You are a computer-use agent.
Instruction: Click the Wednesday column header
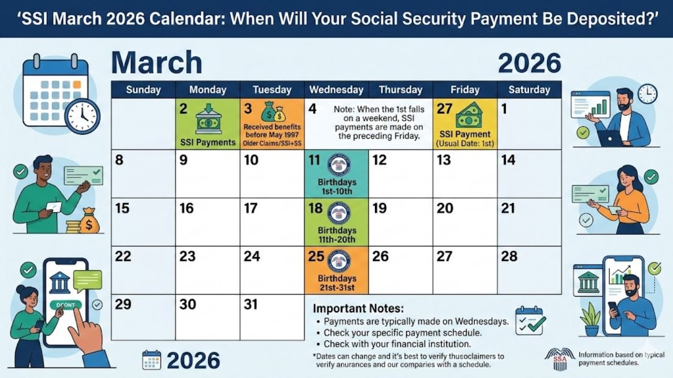coord(336,90)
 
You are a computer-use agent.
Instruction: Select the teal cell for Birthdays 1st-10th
coord(336,174)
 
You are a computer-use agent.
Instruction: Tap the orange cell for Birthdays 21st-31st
coord(336,270)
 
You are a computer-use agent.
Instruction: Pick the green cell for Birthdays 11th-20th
coord(336,222)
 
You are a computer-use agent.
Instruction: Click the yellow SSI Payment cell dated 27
coord(465,124)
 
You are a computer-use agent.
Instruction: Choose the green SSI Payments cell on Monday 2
coord(208,124)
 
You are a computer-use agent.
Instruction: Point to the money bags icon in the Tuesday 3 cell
coord(273,112)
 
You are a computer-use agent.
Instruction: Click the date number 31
coord(251,304)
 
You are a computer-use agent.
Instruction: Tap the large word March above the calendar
coord(157,62)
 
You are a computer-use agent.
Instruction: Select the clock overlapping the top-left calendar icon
coord(83,115)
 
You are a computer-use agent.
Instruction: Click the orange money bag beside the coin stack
coord(89,222)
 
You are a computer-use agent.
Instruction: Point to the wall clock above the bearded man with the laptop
coord(647,93)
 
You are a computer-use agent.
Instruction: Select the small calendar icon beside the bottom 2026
coord(151,360)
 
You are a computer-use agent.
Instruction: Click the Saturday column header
coord(529,90)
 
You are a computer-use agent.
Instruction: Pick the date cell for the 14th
coord(529,174)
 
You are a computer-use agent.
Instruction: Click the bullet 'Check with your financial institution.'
coord(396,344)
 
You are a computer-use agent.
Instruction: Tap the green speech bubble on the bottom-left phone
coord(87,280)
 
